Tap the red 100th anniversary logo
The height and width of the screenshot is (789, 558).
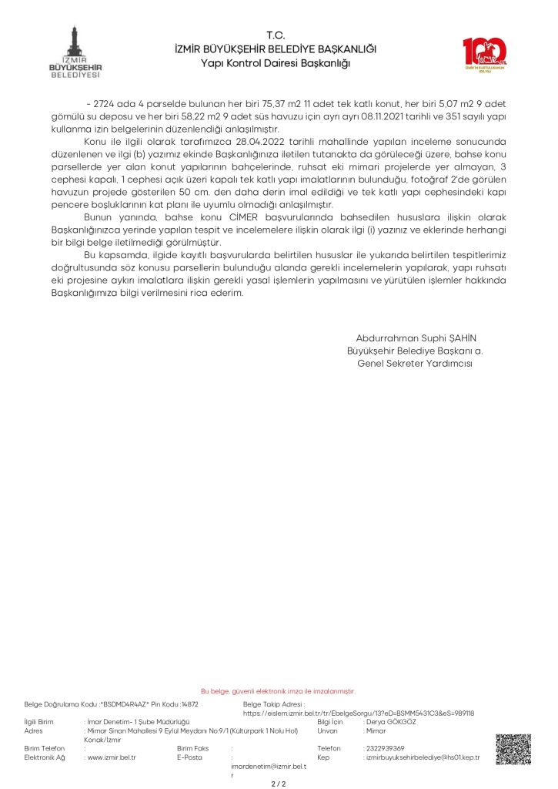point(484,54)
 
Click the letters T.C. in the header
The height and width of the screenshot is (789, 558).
point(276,35)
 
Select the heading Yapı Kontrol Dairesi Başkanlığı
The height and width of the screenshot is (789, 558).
point(275,62)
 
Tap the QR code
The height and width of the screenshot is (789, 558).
point(513,750)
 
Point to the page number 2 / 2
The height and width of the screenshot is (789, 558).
point(279,783)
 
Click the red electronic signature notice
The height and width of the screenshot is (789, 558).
point(278,691)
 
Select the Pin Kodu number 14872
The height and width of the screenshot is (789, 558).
point(189,703)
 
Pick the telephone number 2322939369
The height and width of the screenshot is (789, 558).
point(384,748)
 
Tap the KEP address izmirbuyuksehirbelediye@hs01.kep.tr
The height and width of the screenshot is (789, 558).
point(423,757)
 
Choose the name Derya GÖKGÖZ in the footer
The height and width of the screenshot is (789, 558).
point(392,722)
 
